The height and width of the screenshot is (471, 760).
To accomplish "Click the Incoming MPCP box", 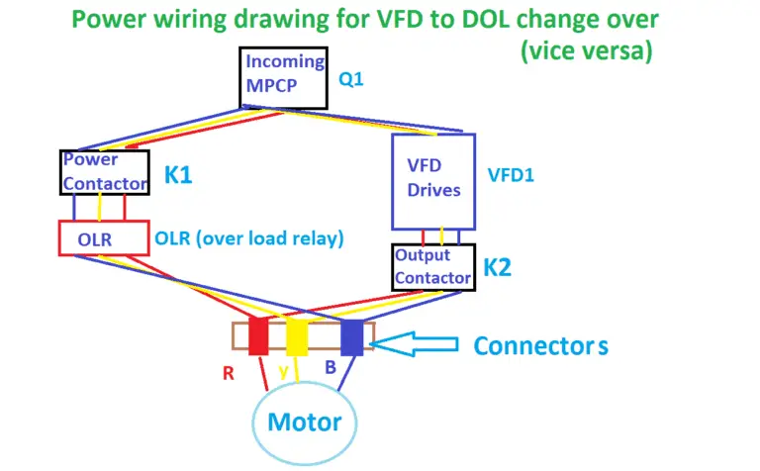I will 284,76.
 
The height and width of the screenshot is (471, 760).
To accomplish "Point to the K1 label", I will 179,175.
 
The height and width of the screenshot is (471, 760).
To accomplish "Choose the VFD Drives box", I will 433,179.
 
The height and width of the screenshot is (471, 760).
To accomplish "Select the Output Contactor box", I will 433,266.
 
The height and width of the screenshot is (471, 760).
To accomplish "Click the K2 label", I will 498,267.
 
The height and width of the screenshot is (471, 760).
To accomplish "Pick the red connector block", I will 259,336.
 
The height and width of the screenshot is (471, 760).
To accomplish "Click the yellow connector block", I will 297,336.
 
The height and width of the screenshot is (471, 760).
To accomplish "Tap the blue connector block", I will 352,336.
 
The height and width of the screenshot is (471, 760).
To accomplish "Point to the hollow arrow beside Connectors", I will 419,343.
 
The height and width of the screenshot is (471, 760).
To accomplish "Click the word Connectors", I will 540,346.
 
